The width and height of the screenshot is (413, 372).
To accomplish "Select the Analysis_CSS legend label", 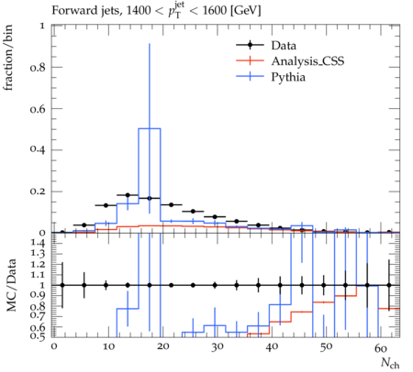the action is click(x=307, y=61).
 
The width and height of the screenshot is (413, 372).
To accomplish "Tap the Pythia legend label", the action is click(x=288, y=77).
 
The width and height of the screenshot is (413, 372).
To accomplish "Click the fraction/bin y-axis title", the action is click(x=8, y=58).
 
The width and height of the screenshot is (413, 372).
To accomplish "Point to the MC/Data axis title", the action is click(x=11, y=285).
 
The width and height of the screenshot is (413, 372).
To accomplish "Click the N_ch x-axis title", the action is click(x=390, y=363).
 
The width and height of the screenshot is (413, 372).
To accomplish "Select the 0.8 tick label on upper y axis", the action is click(x=38, y=67).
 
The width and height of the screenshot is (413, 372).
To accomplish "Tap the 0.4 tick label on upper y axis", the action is click(x=38, y=150).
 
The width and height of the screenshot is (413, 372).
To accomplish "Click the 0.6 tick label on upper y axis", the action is click(x=38, y=109).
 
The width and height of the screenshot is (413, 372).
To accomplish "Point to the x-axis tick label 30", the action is click(x=218, y=347).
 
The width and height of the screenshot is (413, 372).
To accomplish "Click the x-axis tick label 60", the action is click(x=381, y=347).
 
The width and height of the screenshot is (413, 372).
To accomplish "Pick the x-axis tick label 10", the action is click(x=108, y=347).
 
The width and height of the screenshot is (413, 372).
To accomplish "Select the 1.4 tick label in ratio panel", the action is click(x=38, y=244).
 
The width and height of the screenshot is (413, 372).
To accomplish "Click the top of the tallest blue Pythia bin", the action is click(x=150, y=128).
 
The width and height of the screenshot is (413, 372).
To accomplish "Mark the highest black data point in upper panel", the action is click(x=128, y=195).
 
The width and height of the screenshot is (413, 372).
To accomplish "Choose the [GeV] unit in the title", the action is click(x=245, y=11).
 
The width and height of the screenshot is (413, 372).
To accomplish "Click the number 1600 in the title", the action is click(x=215, y=11).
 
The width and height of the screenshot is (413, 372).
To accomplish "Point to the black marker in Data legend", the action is click(x=250, y=45).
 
